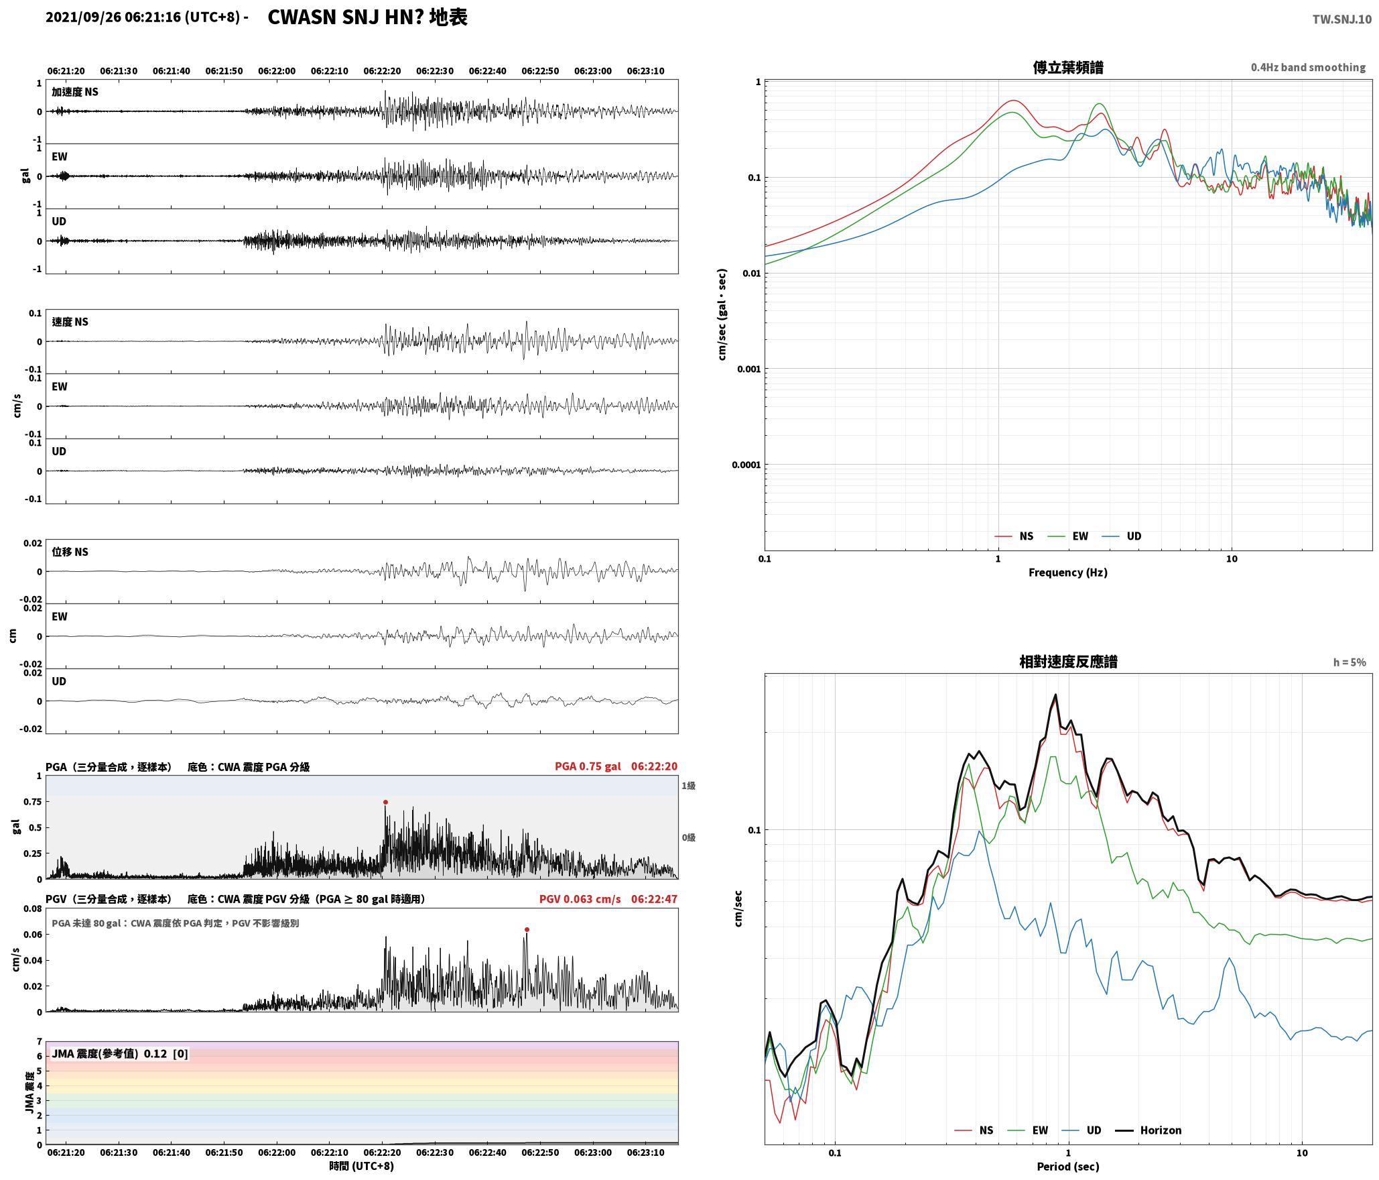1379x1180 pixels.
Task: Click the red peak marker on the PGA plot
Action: click(x=385, y=802)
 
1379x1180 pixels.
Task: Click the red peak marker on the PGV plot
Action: click(x=527, y=929)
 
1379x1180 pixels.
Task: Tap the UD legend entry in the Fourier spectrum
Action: click(x=1122, y=536)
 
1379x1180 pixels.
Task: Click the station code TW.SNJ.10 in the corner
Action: click(x=1341, y=19)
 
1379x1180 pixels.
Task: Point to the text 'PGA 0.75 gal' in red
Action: click(x=588, y=766)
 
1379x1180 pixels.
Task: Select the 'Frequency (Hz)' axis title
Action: click(x=1067, y=572)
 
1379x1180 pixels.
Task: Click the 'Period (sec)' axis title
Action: click(x=1067, y=1166)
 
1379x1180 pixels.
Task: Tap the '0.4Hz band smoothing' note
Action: click(x=1308, y=67)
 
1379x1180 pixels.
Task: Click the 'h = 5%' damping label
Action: click(x=1349, y=662)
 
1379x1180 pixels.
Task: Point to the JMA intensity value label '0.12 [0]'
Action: click(x=166, y=1053)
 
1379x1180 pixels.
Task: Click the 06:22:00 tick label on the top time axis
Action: click(x=277, y=70)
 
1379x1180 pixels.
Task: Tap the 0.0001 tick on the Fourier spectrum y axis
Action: click(x=745, y=465)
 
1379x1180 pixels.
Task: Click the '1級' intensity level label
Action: click(x=688, y=785)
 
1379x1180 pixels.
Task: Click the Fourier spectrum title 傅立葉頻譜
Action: click(x=1068, y=67)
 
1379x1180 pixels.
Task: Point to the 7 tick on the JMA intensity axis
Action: click(x=39, y=1041)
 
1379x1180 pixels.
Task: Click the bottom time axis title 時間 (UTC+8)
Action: click(x=361, y=1166)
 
